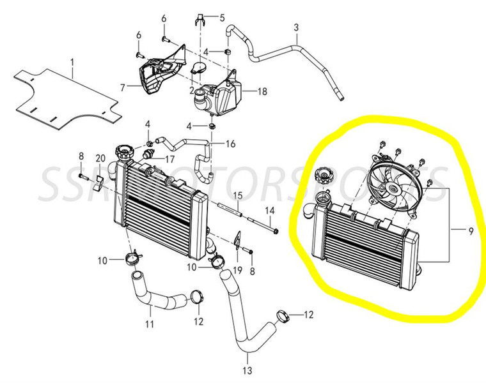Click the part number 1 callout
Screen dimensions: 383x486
72,62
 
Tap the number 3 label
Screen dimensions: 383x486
296,27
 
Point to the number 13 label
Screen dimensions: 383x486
247,370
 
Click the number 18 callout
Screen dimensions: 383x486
262,92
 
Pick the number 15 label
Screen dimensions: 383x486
236,195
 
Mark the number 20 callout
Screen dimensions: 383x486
100,158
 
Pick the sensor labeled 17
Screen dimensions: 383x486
148,155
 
